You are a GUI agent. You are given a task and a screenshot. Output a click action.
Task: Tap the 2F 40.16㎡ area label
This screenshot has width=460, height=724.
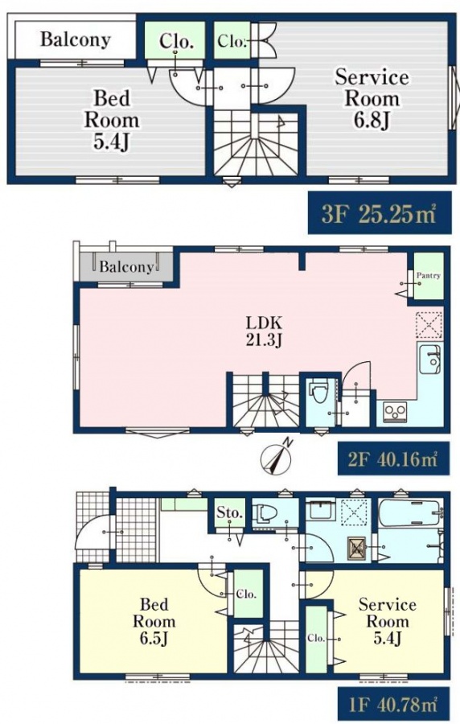tap(393, 459)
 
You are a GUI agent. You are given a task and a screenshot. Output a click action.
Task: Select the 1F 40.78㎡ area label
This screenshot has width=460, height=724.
tap(393, 705)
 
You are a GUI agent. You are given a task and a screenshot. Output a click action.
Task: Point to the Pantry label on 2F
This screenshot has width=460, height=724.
tap(428, 276)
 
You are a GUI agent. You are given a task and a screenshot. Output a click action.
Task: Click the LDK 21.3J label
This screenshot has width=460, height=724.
tap(264, 331)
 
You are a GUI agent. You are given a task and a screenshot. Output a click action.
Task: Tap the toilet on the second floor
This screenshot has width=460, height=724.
tap(319, 392)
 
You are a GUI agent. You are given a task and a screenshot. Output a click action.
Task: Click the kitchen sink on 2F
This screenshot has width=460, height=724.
tap(430, 359)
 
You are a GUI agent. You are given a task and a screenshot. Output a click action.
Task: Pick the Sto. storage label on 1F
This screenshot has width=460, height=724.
tap(230, 512)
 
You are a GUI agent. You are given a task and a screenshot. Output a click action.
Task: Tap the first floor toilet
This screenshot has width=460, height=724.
tap(268, 513)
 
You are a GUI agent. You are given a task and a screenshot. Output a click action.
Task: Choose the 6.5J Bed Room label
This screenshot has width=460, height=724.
tap(154, 622)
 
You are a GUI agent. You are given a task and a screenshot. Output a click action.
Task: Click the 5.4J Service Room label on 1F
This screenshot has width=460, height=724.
tap(387, 622)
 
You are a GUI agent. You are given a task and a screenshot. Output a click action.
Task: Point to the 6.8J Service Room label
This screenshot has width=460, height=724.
tap(372, 99)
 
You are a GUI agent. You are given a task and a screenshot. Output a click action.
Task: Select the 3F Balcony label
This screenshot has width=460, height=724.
tap(76, 39)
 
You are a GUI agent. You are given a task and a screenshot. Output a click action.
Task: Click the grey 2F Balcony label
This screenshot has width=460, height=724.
tap(126, 267)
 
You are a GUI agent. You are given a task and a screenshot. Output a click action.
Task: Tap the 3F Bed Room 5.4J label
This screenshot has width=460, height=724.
tap(111, 121)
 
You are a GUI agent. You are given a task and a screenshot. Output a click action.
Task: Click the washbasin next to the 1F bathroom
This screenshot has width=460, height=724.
tap(319, 511)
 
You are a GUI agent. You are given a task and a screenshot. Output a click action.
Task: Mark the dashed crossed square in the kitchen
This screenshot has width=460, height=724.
tap(429, 326)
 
